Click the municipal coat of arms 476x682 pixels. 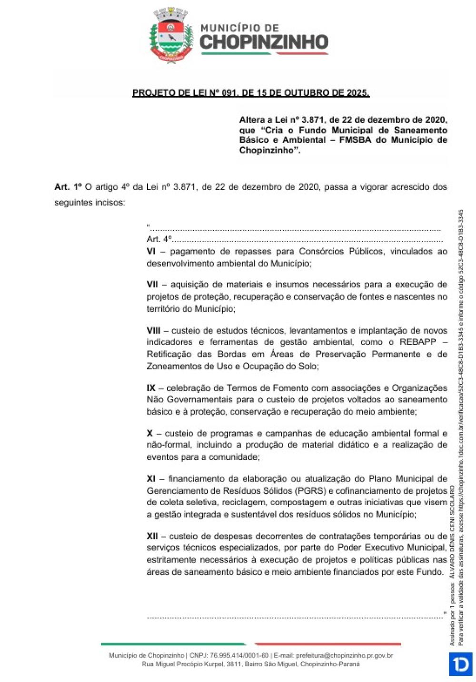pos(171,36)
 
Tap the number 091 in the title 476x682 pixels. pos(228,93)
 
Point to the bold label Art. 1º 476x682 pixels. pos(68,187)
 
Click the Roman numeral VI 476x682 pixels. pos(151,251)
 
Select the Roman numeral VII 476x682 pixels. pos(152,285)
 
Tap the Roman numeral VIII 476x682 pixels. pos(154,330)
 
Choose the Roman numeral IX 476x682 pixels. pos(151,388)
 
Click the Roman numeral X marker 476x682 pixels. pos(150,433)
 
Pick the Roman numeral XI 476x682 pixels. pos(151,478)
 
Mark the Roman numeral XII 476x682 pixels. pos(152,536)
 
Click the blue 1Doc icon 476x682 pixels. pos(460,664)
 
